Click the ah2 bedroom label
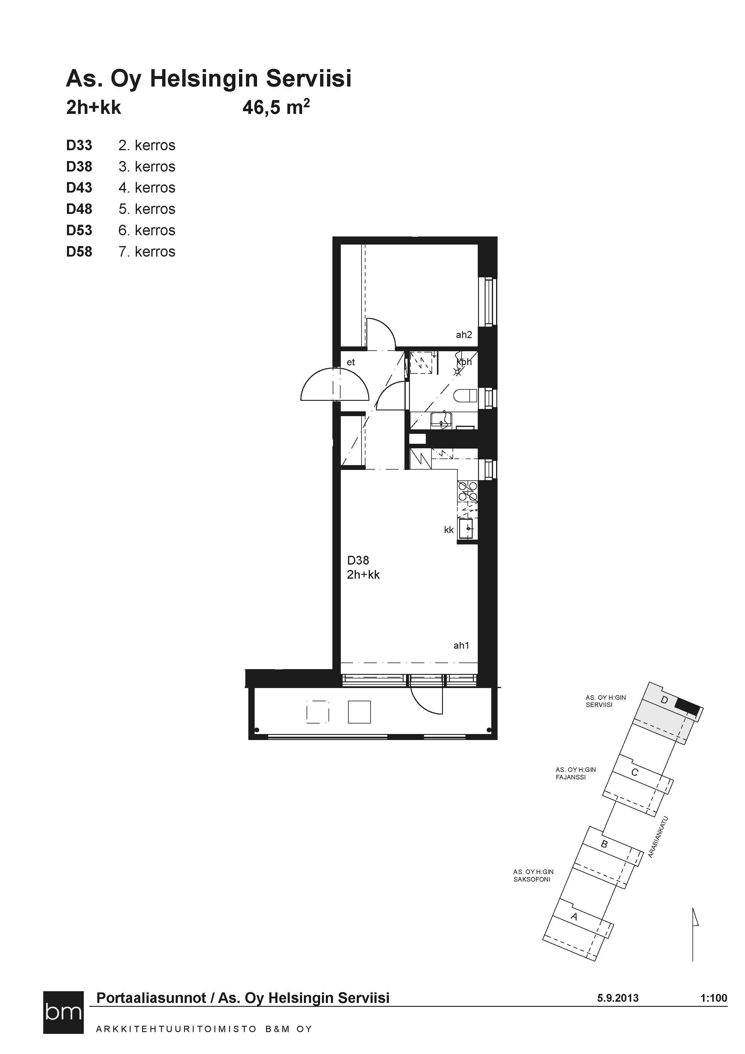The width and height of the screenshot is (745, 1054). click(464, 335)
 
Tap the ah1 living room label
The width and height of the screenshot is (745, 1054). click(462, 645)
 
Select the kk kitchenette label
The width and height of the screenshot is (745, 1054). click(449, 530)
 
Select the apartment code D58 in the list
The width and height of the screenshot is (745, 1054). click(79, 251)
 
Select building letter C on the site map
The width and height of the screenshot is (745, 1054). click(635, 772)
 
